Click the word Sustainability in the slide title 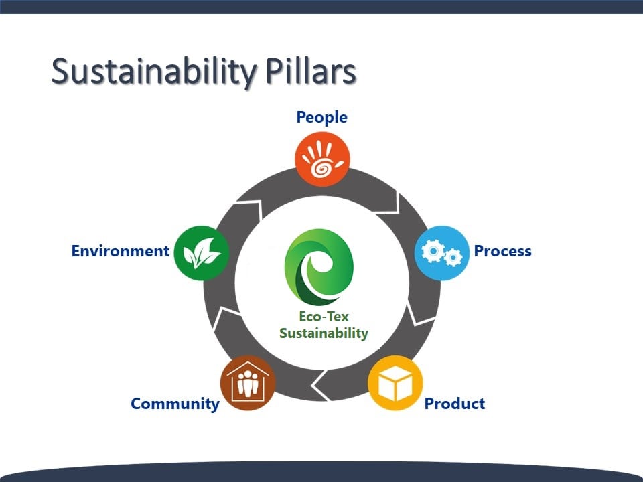[x=154, y=72]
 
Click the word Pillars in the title [x=311, y=71]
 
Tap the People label [x=322, y=118]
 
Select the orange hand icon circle [x=322, y=159]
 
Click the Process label [x=503, y=251]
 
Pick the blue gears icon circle [x=441, y=253]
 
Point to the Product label [x=455, y=403]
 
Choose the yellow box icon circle [x=395, y=383]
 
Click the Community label [x=175, y=404]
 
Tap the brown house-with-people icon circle [x=248, y=383]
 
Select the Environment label [x=120, y=251]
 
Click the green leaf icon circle [x=202, y=253]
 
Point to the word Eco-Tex [x=324, y=317]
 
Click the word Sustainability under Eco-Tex [x=324, y=333]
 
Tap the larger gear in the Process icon [x=433, y=250]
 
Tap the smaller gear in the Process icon [x=453, y=257]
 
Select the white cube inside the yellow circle [x=395, y=383]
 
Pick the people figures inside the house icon [x=248, y=383]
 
